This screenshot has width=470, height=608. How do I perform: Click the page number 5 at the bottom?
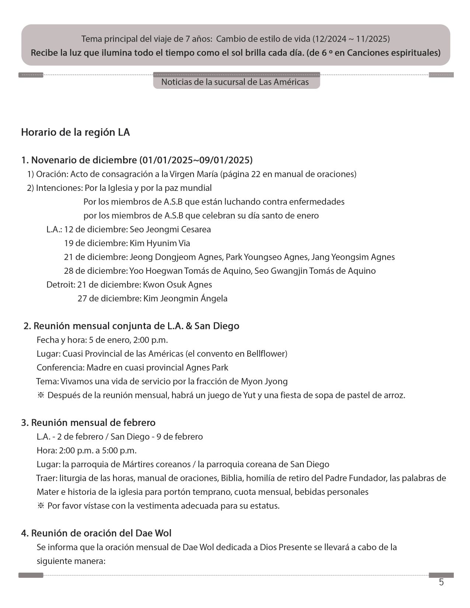pos(441,583)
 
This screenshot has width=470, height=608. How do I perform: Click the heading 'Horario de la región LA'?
pos(76,132)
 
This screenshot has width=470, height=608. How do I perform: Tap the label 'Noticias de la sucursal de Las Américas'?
pos(235,82)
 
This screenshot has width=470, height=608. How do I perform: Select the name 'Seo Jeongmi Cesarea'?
pos(170,230)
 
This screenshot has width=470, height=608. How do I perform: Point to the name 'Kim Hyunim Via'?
pos(160,243)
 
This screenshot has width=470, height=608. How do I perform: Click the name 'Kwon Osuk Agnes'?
pos(177,284)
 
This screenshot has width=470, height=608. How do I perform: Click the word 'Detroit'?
pos(60,284)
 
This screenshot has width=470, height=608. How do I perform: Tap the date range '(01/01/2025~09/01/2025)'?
pos(196,160)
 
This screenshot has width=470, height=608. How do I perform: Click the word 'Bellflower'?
pos(267,354)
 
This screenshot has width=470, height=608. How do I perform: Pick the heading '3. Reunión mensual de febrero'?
pos(88,423)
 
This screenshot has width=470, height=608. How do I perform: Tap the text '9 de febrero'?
pos(180,437)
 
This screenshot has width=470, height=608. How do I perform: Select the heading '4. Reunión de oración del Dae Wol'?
pos(96,533)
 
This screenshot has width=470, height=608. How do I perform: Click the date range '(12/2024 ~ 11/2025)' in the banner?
pos(351,39)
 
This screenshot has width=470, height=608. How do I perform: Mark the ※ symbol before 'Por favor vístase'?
pos(41,506)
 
